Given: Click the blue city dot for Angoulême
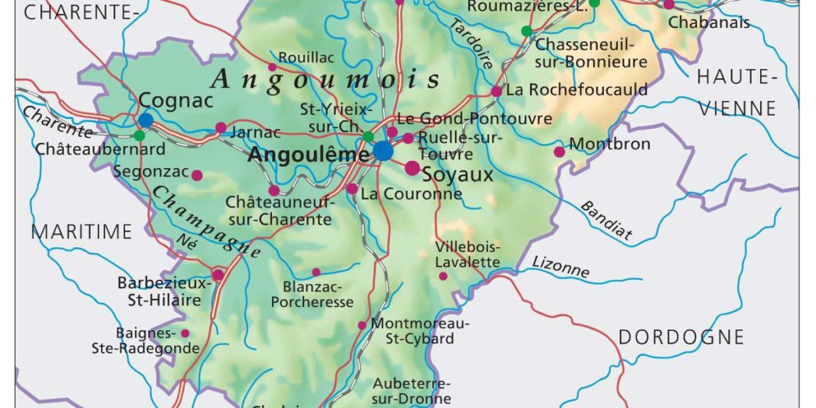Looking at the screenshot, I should click(382, 151).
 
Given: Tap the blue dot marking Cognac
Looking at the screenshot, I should click(146, 120).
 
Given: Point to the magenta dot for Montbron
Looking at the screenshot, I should click(559, 151).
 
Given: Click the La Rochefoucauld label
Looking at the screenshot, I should click(577, 89).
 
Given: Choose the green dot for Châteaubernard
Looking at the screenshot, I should click(139, 135).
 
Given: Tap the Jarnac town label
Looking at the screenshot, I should click(256, 132).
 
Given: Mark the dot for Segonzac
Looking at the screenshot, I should click(197, 175).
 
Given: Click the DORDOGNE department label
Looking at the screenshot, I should click(681, 337).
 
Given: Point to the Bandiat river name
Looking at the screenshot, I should click(607, 220).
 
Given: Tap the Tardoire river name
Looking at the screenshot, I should click(470, 45).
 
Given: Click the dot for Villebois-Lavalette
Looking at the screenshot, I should click(443, 276).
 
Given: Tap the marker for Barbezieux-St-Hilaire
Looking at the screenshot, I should click(218, 274).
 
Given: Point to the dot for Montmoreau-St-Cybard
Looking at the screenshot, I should click(361, 325).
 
